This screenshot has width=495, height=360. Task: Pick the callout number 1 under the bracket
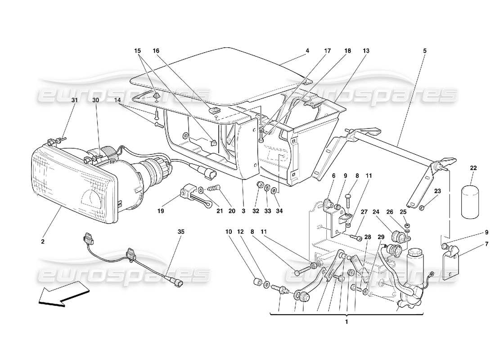(346, 322)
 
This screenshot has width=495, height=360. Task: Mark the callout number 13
(366, 51)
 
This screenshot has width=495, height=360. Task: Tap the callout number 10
(229, 232)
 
